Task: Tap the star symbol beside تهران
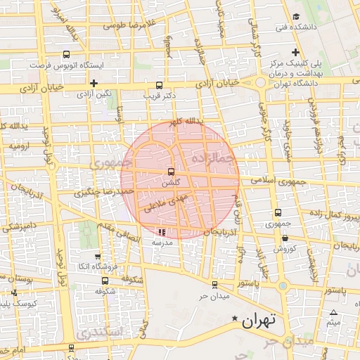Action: [234, 319]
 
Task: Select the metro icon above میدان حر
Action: [214, 284]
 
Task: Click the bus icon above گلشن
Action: [171, 172]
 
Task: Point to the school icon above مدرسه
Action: [162, 231]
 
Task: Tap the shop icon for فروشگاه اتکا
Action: [97, 257]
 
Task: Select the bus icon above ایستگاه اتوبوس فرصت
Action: [66, 54]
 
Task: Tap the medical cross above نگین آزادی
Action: [94, 83]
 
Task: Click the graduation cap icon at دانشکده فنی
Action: [296, 16]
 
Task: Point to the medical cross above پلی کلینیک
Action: [296, 53]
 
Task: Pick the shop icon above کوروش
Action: [285, 239]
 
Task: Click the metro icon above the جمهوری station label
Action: [278, 212]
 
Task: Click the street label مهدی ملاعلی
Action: [165, 205]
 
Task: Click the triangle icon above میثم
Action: [333, 313]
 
